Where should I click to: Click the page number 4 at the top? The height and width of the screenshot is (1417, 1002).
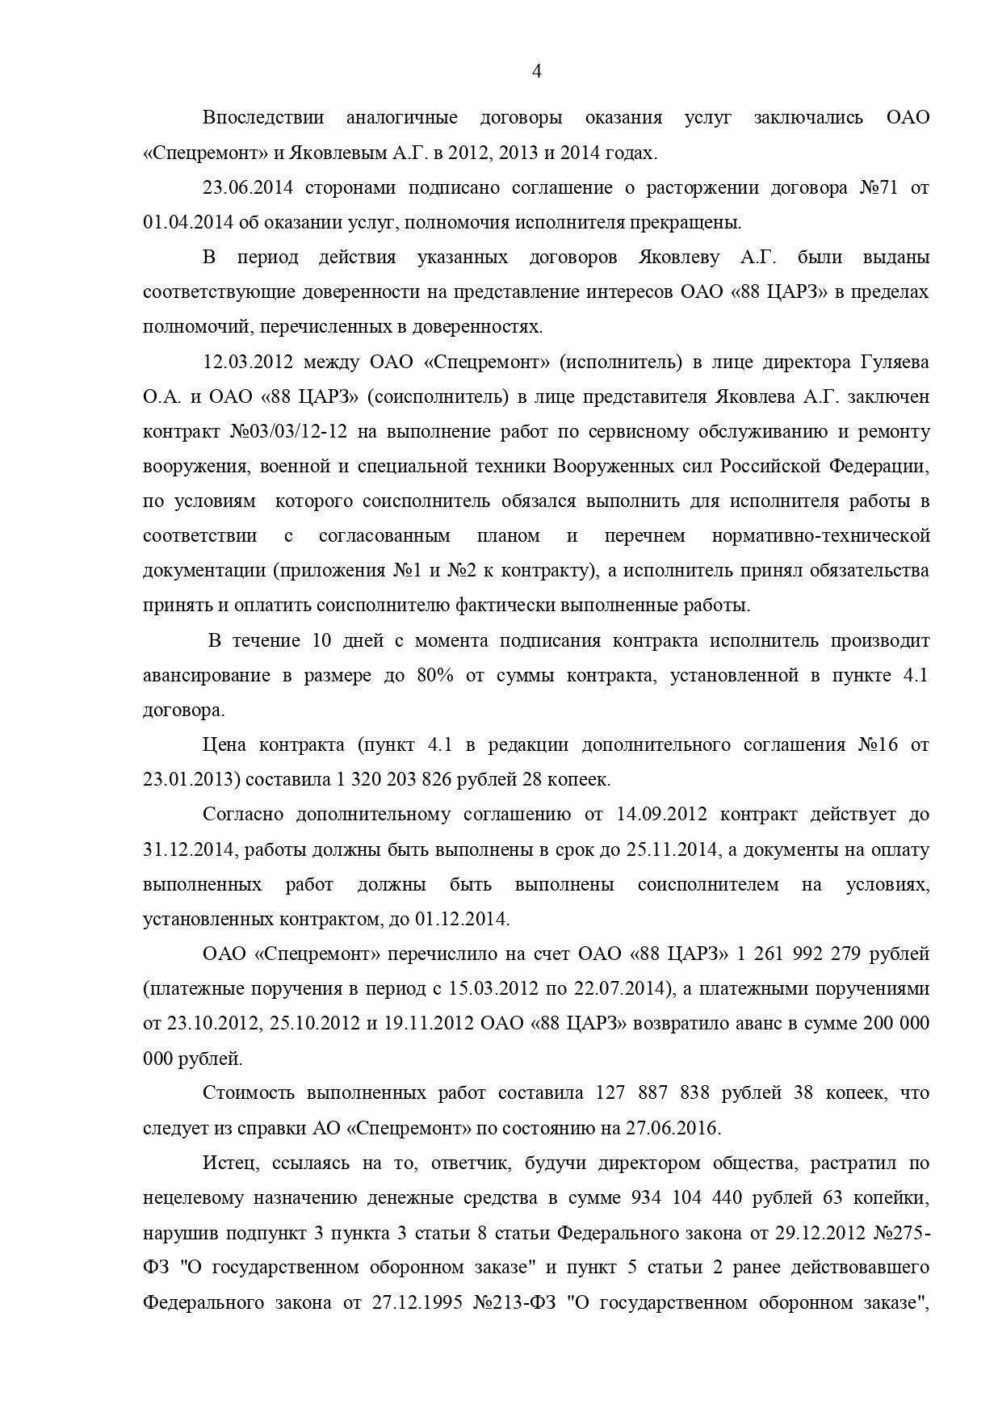tap(537, 71)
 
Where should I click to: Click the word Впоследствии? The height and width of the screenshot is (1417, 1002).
tap(262, 118)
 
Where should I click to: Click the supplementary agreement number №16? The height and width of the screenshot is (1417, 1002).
tap(878, 745)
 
